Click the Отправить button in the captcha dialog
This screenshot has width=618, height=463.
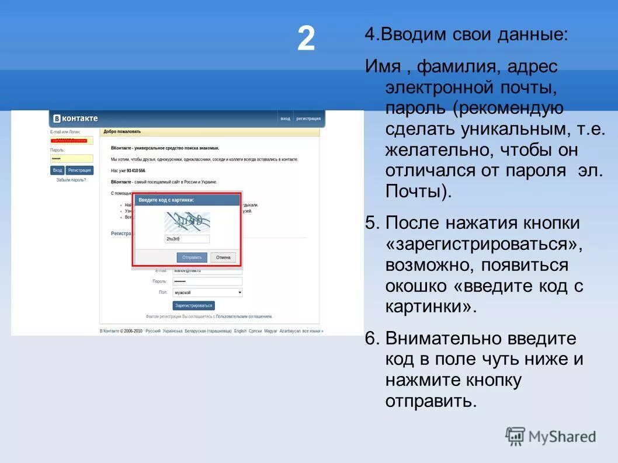192,257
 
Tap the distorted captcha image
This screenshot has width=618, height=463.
187,221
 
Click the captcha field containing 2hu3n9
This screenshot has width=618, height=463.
187,239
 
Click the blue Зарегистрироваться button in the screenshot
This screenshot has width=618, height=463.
194,305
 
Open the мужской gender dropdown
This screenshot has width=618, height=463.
207,292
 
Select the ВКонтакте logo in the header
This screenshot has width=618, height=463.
75,119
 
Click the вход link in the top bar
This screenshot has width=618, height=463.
285,119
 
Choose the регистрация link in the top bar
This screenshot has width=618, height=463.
308,119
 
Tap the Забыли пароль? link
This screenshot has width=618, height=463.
71,180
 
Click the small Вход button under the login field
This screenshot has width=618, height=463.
57,170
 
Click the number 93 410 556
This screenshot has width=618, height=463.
135,170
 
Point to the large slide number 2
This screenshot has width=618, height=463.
306,40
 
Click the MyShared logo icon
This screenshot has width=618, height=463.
515,436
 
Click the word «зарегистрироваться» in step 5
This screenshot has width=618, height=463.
484,244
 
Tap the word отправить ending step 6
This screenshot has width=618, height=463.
431,402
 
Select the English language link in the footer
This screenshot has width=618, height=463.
240,330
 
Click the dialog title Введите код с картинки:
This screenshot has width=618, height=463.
166,200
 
